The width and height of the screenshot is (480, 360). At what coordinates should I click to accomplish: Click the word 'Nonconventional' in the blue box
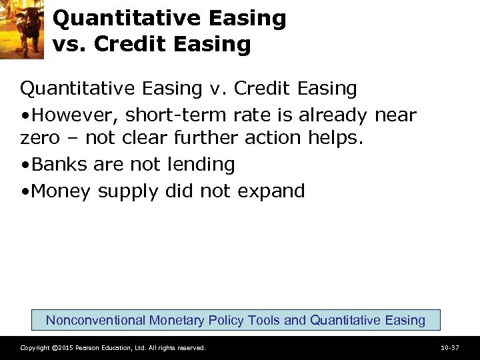point(95,320)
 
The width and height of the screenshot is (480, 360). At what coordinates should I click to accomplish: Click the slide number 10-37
point(450,347)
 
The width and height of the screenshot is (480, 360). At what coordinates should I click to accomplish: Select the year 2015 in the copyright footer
point(65,348)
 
